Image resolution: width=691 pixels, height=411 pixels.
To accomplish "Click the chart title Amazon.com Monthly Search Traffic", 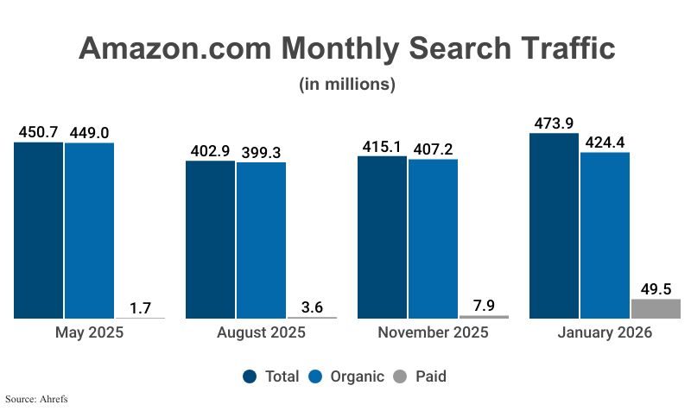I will [x=346, y=47].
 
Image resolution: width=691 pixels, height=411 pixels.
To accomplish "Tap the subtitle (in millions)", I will [x=346, y=85].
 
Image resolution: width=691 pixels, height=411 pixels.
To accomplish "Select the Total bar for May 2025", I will [x=38, y=231].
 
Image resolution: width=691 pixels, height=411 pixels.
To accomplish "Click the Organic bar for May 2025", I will [x=89, y=231].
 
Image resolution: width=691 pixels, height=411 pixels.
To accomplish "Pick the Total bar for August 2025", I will [x=210, y=240].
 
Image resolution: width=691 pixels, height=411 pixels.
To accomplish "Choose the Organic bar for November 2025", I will [x=433, y=238].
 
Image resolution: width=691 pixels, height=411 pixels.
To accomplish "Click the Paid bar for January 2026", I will [x=656, y=309].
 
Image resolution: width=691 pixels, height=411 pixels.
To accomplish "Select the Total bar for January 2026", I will [x=554, y=226].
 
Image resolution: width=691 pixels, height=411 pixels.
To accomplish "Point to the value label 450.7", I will [x=38, y=132].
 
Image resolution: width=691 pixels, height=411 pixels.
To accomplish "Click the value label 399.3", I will [x=261, y=151].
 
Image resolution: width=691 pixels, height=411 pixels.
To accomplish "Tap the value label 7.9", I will [x=484, y=305].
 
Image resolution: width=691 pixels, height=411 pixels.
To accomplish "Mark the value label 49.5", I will [x=656, y=288].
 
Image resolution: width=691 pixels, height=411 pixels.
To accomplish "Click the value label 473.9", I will [x=554, y=123].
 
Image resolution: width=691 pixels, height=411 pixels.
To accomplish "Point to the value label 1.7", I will [x=141, y=307].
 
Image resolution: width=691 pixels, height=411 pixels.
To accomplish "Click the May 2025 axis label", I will [x=89, y=333].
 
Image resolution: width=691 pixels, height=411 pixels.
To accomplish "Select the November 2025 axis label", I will [x=433, y=333].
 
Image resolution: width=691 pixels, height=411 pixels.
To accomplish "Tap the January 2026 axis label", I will [x=605, y=333].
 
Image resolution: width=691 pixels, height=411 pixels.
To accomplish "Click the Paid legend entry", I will [x=421, y=376].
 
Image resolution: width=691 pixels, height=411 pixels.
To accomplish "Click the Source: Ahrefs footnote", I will [x=36, y=399].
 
